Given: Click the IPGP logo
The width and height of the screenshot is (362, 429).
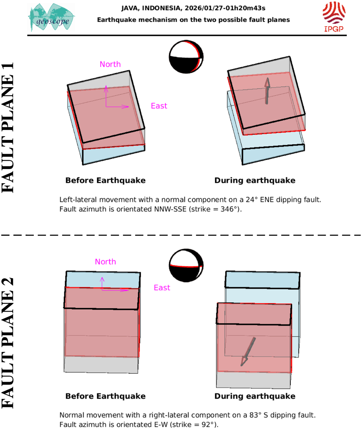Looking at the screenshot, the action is point(334,17).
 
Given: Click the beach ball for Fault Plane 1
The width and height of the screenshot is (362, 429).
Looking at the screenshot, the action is point(186,57).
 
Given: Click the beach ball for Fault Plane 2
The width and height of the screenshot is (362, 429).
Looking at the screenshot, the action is point(186,265).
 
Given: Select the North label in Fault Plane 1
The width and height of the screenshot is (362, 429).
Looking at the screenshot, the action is point(110,64).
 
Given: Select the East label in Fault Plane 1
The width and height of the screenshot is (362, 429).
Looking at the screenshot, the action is point(159,106).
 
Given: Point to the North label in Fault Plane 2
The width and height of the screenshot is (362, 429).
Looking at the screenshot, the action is point(105,262).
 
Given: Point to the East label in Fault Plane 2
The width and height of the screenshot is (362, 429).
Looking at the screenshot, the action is point(162,288).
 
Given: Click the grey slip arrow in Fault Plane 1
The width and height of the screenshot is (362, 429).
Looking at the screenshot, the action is point(267,91).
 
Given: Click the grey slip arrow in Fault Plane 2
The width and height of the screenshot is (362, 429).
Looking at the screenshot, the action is point(248,352).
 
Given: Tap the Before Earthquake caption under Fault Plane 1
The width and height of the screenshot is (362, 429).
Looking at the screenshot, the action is point(105,181).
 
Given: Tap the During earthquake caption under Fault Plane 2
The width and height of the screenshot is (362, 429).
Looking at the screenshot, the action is point(255,396).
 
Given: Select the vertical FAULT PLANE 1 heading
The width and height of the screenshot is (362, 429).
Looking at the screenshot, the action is point(8,128).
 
